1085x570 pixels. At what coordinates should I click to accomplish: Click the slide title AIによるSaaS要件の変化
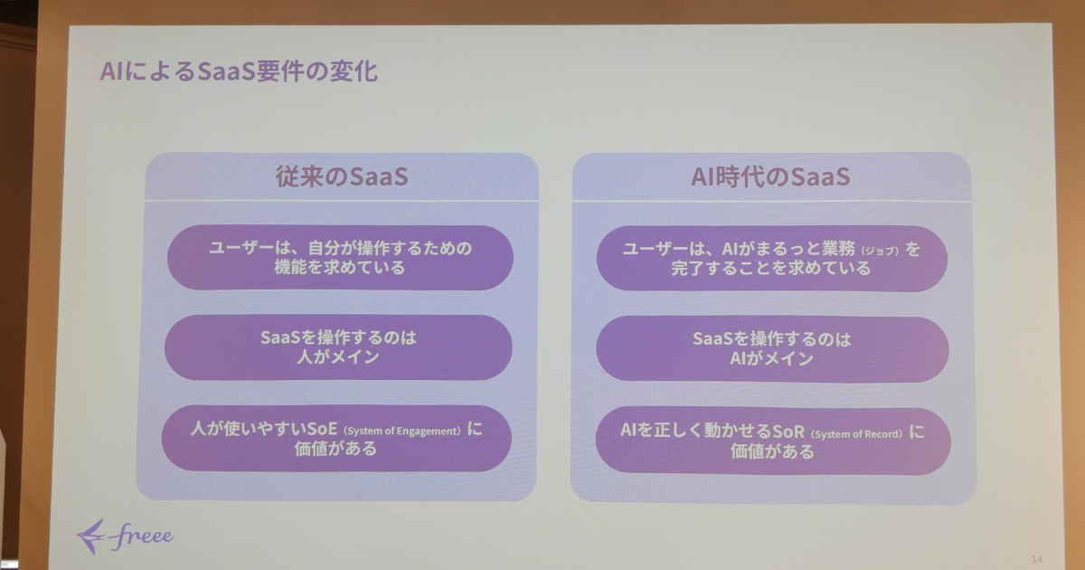239,71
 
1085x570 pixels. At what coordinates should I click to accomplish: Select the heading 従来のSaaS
342,176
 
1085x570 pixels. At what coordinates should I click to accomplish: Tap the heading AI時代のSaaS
770,176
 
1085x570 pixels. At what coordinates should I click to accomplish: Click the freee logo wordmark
141,536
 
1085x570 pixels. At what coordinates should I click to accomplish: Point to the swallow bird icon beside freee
90,537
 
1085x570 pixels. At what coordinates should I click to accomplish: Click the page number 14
1036,559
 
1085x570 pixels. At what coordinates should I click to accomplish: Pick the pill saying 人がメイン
338,347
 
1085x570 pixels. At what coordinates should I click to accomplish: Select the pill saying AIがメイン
772,348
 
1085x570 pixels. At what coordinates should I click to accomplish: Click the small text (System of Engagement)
402,431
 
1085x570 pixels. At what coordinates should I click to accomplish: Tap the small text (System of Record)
856,433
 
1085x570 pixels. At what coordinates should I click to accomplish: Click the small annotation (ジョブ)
880,251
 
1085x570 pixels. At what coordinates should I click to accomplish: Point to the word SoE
322,429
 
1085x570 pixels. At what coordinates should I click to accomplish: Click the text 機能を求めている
339,267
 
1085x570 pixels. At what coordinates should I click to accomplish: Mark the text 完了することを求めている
770,268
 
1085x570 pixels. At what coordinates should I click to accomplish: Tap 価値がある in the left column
335,449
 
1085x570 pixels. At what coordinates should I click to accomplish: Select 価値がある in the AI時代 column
772,451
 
